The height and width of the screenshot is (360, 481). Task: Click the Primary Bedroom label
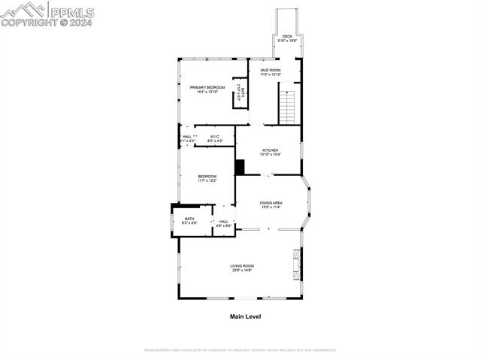[207, 88]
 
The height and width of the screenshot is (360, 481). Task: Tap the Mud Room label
[271, 71]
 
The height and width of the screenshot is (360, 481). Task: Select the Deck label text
[287, 36]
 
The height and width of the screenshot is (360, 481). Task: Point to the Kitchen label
[270, 150]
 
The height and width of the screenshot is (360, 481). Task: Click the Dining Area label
[271, 203]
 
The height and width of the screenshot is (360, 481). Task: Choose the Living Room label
[242, 266]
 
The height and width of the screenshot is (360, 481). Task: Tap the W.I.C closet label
[215, 136]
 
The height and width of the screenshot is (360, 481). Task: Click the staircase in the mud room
[289, 104]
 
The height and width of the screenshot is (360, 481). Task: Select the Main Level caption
[245, 317]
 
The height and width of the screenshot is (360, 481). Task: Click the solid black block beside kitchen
[240, 167]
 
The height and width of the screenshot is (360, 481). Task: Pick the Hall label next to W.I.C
[187, 136]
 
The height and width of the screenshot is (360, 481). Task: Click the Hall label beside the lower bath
[224, 222]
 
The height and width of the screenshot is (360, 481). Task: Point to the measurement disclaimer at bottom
[240, 349]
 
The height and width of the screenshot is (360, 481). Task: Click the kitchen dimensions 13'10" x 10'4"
[270, 155]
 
